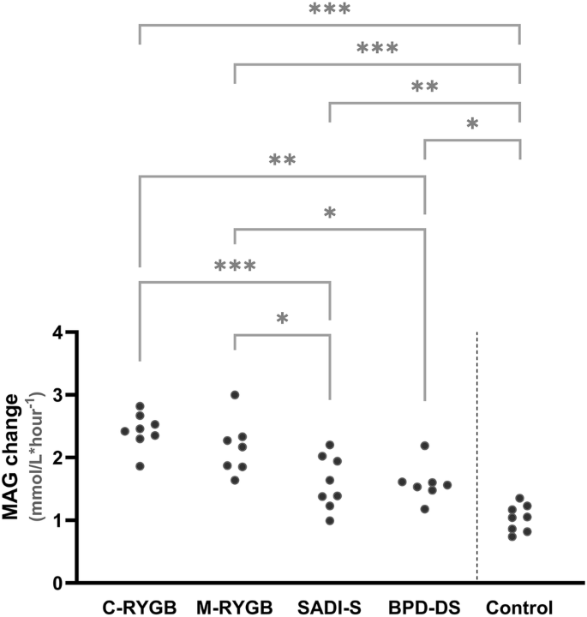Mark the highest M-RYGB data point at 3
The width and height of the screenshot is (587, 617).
pos(235,395)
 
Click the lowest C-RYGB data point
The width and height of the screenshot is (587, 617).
pos(140,465)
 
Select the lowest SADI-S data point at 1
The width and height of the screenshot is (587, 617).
pos(329,520)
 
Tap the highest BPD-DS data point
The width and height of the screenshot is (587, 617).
pos(424,446)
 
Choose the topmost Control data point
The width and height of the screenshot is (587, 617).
pos(519,498)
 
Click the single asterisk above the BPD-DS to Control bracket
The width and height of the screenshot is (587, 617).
pos(472,124)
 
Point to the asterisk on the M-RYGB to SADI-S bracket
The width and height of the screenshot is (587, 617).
pos(282,319)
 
